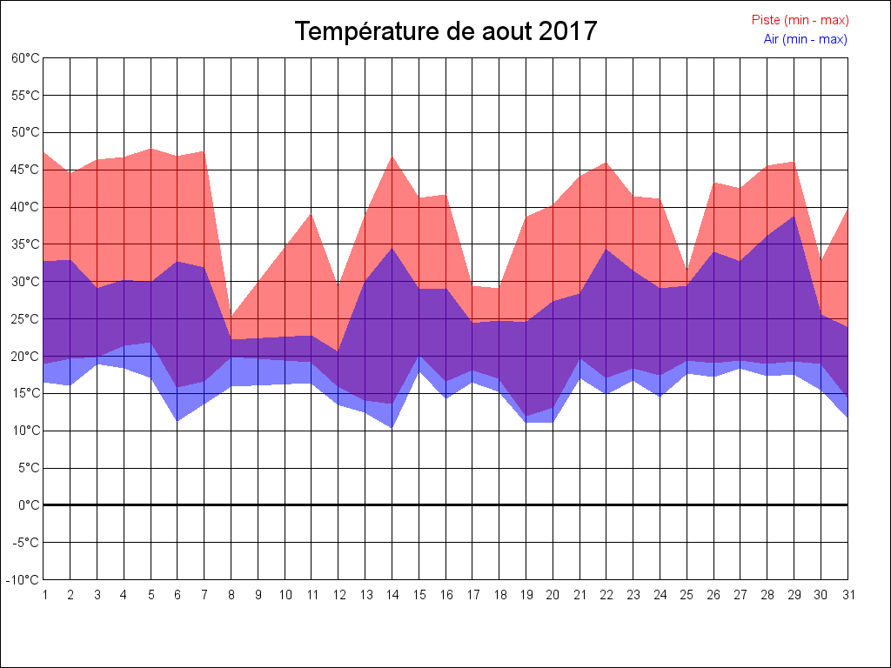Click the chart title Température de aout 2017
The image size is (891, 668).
click(445, 31)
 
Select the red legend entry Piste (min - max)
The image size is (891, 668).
click(800, 20)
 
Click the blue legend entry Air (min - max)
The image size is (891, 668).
click(805, 39)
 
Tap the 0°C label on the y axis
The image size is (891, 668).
click(29, 505)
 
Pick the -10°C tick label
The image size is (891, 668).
click(24, 580)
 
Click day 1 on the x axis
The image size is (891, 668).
click(44, 595)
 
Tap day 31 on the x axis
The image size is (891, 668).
click(847, 595)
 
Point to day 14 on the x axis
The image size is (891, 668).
click(392, 595)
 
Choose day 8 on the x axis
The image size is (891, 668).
click(231, 595)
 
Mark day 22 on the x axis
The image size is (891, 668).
click(606, 595)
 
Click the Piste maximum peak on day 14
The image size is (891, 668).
click(392, 157)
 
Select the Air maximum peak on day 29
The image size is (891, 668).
click(794, 216)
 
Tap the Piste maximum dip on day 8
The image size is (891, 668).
click(231, 317)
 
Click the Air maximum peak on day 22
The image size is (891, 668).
click(606, 249)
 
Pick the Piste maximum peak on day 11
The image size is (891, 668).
click(312, 214)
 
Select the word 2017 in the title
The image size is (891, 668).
click(568, 31)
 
